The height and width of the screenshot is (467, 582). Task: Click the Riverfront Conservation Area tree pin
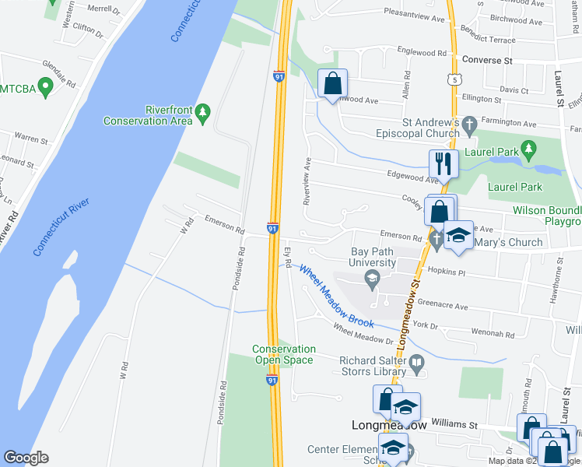tap(203, 112)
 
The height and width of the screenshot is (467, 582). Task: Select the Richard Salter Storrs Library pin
tap(417, 362)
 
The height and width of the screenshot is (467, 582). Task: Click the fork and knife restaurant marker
tap(444, 163)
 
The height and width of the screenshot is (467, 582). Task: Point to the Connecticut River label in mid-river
tap(61, 226)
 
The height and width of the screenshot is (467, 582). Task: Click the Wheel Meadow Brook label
tap(336, 297)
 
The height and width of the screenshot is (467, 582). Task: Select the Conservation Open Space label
tap(284, 355)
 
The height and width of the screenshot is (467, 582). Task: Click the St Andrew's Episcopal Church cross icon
tap(468, 123)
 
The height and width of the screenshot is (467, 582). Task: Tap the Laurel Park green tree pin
tap(528, 148)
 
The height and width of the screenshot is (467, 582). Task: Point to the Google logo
tap(26, 458)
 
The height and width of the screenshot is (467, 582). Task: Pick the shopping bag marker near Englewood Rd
tap(332, 83)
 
